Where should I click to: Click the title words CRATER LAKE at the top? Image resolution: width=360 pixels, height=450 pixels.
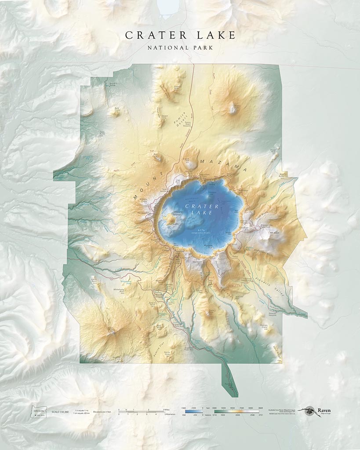(180, 36)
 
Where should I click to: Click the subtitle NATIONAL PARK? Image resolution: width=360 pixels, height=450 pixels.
(180, 47)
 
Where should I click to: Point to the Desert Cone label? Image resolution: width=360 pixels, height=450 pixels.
(163, 117)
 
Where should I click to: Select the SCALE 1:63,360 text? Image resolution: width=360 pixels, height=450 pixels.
(61, 412)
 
